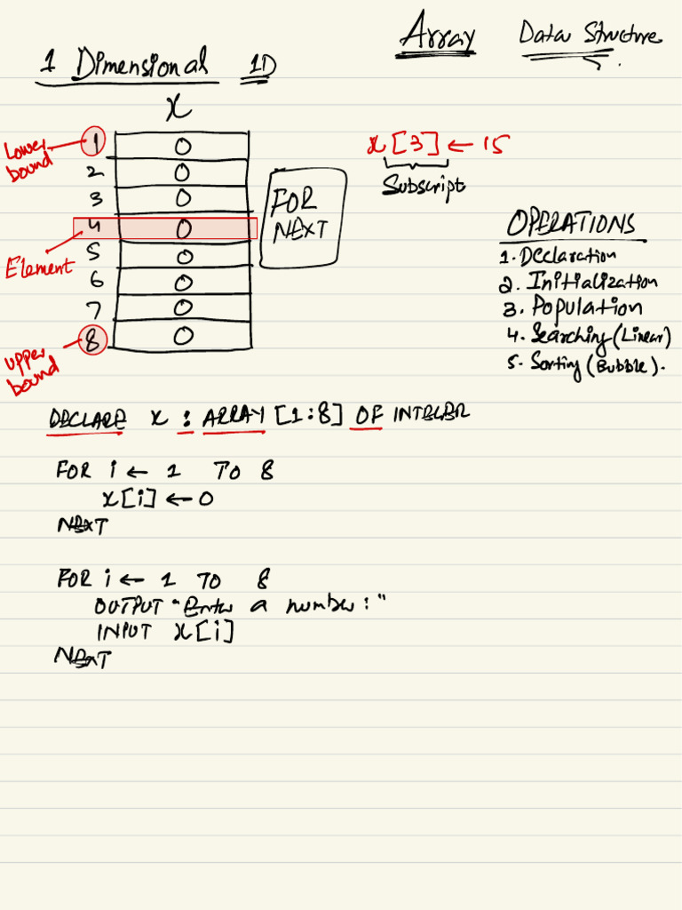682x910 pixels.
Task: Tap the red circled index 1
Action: click(93, 140)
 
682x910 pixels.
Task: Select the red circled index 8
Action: click(92, 339)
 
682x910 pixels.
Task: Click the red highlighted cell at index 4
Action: click(165, 228)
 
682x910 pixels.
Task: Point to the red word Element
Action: click(39, 267)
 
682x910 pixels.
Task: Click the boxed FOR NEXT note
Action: click(300, 216)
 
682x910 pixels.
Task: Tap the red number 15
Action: click(495, 145)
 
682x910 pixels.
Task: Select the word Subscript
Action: click(424, 185)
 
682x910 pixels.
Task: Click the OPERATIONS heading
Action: click(571, 225)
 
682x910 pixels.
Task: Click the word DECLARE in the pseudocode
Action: click(87, 419)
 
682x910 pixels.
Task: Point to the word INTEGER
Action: click(430, 413)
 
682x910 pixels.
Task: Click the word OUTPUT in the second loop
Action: click(130, 607)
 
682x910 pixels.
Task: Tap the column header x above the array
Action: click(178, 108)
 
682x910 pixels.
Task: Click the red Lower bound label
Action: click(29, 160)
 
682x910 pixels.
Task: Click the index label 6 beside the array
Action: click(95, 280)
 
